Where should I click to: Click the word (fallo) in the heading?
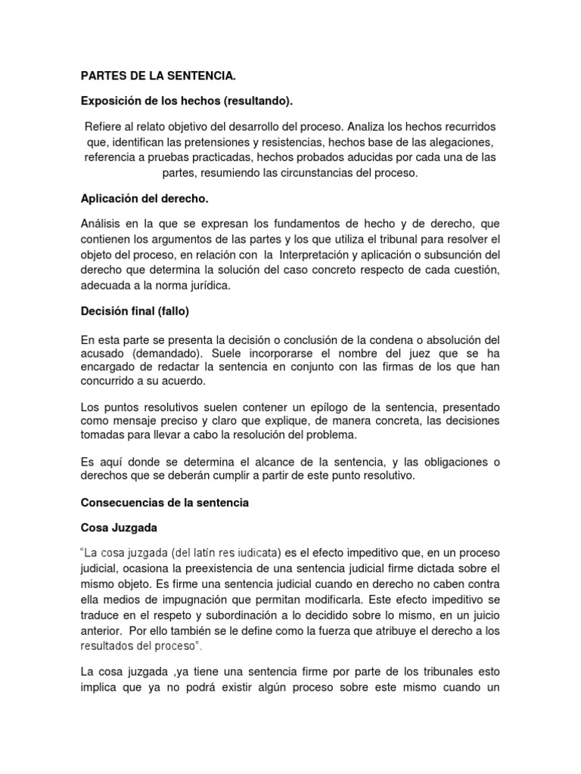[172, 311]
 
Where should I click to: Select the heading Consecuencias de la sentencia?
[165, 502]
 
